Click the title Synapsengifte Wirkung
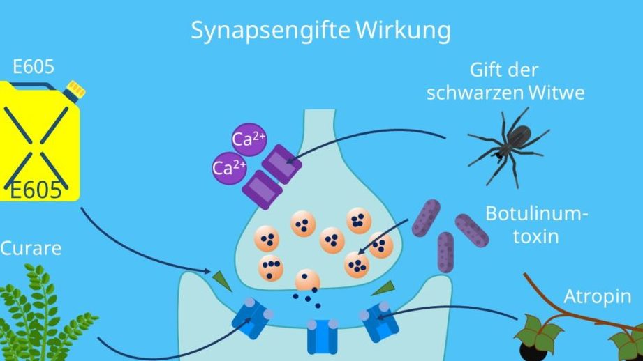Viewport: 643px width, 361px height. [320, 31]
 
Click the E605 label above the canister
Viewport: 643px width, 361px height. [34, 67]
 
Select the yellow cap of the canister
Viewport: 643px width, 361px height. [75, 89]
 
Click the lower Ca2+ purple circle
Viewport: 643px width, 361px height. [226, 167]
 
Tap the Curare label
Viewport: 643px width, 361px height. [31, 248]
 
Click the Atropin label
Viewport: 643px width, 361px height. [598, 297]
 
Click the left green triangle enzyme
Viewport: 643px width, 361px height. [223, 280]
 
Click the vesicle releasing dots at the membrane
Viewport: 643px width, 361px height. [307, 281]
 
